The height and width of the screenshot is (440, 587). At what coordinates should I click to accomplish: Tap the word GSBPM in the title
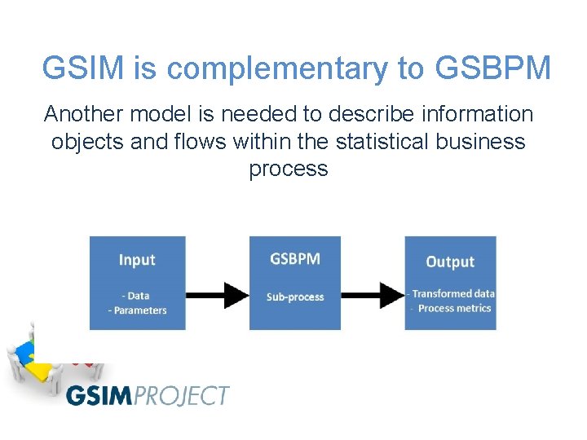(493, 68)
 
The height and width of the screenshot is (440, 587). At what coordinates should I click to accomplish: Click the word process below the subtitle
(289, 169)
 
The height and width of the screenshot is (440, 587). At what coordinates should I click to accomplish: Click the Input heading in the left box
(137, 260)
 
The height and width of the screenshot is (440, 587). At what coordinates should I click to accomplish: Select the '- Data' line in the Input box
(135, 296)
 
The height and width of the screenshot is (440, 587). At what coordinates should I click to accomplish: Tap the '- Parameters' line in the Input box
(137, 310)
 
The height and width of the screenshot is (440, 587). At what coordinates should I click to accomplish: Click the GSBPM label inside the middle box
(294, 259)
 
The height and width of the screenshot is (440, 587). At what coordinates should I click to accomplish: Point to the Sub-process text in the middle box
(294, 297)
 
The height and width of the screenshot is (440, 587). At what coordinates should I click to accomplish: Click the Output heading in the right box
(450, 262)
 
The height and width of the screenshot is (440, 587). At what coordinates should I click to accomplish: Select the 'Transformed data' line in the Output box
(452, 293)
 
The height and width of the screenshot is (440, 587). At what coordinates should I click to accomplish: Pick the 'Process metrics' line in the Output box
(453, 308)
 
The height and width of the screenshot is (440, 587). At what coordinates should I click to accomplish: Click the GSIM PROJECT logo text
(148, 396)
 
